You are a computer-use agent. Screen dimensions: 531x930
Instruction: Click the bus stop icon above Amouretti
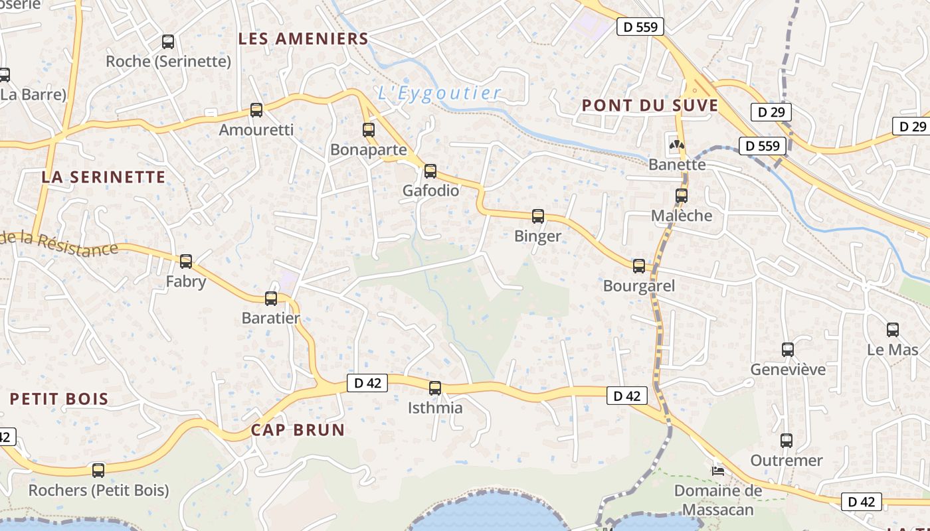coord(256,110)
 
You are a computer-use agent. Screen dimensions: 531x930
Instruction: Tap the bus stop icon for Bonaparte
coord(369,130)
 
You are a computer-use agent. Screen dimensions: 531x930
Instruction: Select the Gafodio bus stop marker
coord(430,171)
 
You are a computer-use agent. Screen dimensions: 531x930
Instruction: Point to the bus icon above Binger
coord(538,216)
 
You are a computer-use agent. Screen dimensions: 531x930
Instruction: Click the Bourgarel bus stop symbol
coord(639,266)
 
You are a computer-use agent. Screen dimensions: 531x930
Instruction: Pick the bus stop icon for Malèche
coord(682,196)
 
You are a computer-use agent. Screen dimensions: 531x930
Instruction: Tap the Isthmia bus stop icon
coord(435,388)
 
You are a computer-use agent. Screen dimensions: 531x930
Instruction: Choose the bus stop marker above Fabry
coord(186,262)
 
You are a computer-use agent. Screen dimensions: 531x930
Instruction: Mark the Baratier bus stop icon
coord(271,299)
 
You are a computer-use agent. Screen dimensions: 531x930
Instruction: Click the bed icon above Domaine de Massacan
coord(718,471)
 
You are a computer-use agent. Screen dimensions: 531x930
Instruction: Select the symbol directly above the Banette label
coord(677,144)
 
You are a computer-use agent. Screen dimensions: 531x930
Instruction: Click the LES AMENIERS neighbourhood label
coord(303,38)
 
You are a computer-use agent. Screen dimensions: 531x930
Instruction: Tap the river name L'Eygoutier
coord(439,93)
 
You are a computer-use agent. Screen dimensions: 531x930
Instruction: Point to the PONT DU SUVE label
coord(650,105)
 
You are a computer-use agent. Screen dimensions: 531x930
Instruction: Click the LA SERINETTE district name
coord(103,177)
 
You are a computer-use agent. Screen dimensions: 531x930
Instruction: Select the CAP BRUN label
coord(298,429)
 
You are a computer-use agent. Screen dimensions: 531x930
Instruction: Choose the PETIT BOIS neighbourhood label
coord(59,399)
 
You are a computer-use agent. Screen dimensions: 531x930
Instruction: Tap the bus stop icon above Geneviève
coord(788,349)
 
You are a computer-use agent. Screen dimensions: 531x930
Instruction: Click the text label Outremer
coord(787,460)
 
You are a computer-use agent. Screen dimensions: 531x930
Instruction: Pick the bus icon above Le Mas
coord(893,330)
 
